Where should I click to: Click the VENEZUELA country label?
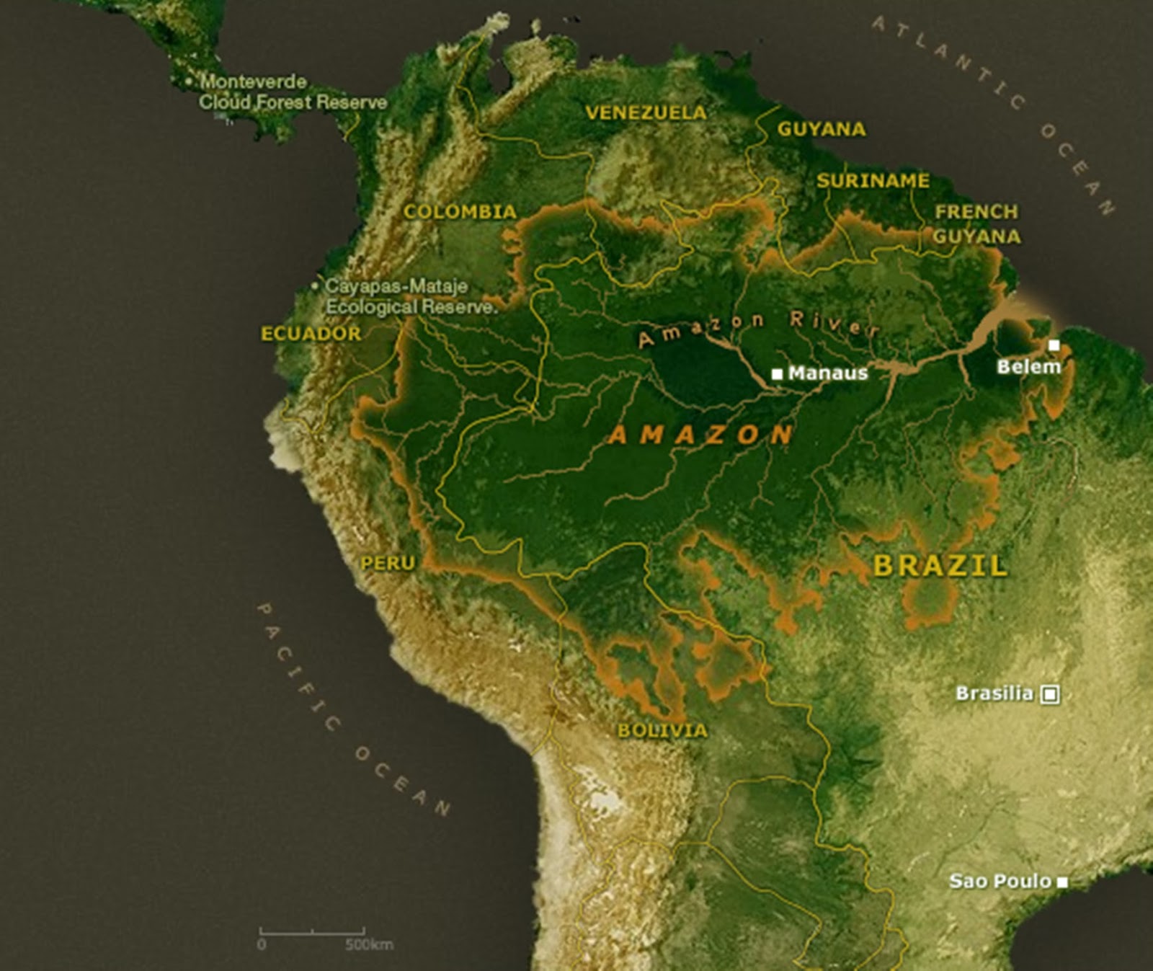point(646,112)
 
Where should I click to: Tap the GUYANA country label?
point(821,129)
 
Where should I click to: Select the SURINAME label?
point(873,180)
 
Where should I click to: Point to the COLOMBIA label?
point(460,211)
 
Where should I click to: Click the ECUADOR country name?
point(311,333)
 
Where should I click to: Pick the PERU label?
point(388,562)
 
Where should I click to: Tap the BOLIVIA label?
point(662,730)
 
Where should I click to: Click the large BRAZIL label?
point(940,566)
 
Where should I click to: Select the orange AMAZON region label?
point(700,435)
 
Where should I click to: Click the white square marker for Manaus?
point(777,373)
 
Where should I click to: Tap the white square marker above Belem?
point(1054,345)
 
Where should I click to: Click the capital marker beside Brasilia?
point(1051,694)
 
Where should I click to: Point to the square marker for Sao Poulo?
point(1062,882)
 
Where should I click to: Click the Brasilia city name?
point(994,693)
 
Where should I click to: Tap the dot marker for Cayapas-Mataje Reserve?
point(315,286)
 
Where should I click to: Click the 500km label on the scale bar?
point(369,944)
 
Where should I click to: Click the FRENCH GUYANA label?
point(976,223)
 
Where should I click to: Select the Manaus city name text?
point(828,373)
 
